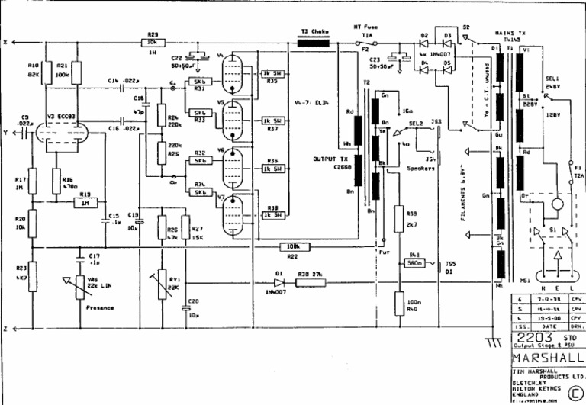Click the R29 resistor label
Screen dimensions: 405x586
(x=153, y=34)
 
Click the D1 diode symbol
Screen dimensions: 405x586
(x=281, y=281)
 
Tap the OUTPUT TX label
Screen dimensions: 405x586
(x=329, y=159)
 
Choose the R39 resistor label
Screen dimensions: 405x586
(x=412, y=214)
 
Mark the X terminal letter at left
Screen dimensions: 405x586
(x=5, y=43)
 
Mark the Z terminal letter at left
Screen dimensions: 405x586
(x=5, y=329)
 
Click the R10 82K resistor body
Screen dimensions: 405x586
(x=45, y=72)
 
